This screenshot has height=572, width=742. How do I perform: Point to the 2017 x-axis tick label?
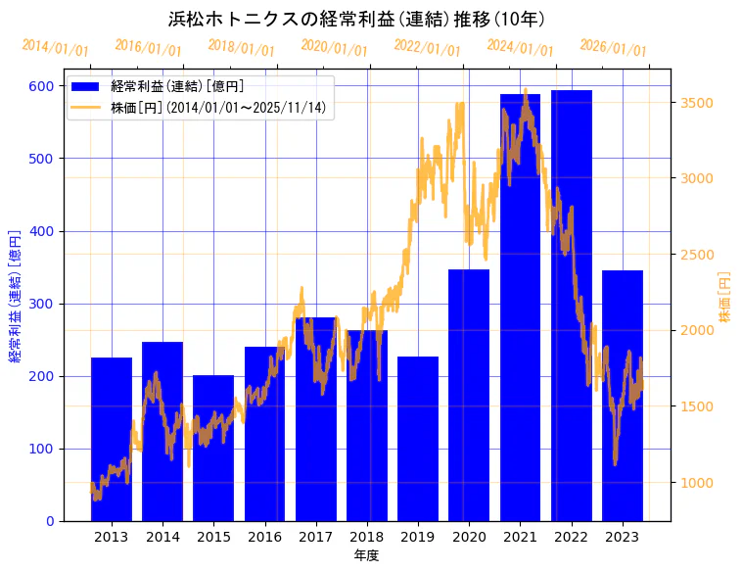(x=315, y=537)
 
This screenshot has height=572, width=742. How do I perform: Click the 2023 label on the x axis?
(x=623, y=537)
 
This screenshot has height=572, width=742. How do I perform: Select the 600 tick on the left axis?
(x=42, y=86)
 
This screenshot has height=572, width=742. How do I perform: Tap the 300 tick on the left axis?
(x=42, y=304)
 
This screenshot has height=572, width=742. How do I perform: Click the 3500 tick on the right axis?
(x=697, y=103)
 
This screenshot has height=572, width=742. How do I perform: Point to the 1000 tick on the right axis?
(x=697, y=483)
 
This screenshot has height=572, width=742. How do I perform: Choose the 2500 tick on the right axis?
(x=697, y=255)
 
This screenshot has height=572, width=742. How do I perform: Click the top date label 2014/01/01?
(x=55, y=47)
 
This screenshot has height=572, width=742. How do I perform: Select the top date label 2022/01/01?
(x=427, y=47)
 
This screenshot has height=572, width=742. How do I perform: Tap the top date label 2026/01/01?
(x=613, y=47)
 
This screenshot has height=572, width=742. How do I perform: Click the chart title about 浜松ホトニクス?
(x=357, y=19)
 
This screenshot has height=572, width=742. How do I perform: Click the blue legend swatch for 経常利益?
(x=86, y=87)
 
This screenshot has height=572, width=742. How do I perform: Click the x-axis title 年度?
(x=366, y=555)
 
